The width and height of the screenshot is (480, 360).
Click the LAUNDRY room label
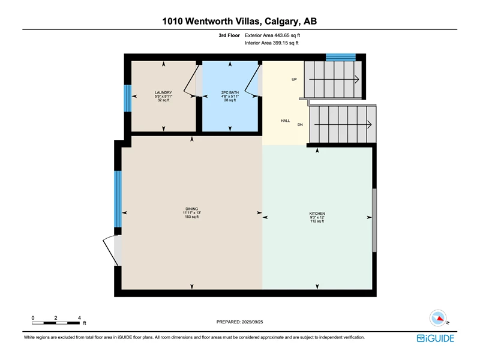pos(163,92)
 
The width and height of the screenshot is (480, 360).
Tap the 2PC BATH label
pos(230,92)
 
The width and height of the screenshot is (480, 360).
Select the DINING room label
pos(191,209)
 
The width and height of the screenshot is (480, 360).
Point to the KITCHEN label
pos(317,214)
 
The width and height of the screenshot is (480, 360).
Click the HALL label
pos(286,121)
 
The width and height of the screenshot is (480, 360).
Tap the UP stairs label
pos(294,80)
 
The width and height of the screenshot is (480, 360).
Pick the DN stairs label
pos(300,125)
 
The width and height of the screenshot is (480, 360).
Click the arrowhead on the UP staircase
pos(356,80)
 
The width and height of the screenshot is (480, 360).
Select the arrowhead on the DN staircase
pos(369,125)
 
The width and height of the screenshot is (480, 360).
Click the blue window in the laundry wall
pos(128,98)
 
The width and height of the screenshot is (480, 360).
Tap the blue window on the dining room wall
pos(118,199)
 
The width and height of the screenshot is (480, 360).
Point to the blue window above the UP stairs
pos(341,57)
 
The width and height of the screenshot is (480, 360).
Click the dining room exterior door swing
pos(110,250)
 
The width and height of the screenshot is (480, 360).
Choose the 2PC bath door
pos(252,81)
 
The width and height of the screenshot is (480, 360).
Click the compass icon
pos(438,319)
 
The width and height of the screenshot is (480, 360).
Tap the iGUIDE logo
pos(436,338)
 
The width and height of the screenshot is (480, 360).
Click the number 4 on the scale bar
pos(79,318)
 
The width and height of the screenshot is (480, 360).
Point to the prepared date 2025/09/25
pos(253,322)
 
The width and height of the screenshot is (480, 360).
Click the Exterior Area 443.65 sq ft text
pos(272,35)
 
